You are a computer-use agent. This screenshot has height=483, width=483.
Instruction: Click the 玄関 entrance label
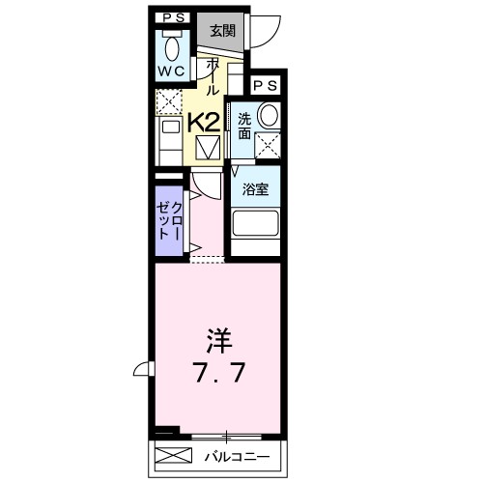coord(223,31)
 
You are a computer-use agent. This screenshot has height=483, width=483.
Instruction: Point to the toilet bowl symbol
coord(173,47)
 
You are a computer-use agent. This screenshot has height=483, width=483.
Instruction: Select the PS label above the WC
coord(173,16)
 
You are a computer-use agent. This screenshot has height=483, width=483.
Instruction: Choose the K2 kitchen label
coord(202,122)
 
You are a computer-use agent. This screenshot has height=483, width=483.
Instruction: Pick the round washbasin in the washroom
coord(268,116)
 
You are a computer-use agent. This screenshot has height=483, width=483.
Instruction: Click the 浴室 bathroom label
coord(255,189)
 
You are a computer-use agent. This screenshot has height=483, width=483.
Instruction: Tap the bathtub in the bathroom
coord(256,229)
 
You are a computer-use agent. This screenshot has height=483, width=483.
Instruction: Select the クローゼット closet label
coord(170,221)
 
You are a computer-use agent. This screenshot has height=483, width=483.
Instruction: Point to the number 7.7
coord(215,370)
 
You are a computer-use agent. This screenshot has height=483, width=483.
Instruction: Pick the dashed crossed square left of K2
coord(168,100)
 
